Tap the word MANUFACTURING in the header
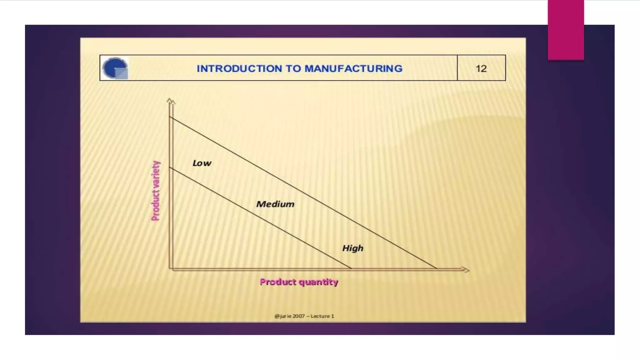pos(353,68)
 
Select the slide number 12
pos(481,68)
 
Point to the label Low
pos(202,163)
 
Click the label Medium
pos(275,204)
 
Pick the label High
pos(353,248)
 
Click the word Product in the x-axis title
pos(278,282)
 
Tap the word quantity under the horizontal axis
pos(318,282)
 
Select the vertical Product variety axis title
pos(156,191)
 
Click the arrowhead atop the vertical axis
pos(171,101)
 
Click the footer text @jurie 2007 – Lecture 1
pos(304,316)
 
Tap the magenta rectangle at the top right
pos(566,30)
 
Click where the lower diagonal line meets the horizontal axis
pos(351,268)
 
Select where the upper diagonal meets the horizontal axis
pos(437,268)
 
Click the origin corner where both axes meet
pos(171,269)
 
